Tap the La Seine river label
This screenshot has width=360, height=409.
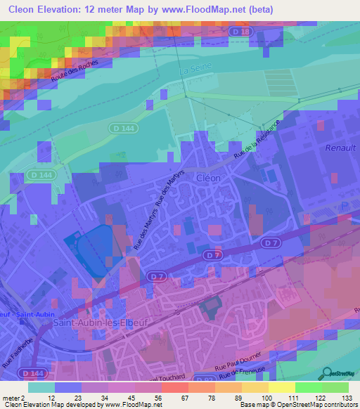click(195, 71)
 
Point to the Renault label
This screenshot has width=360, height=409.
click(342, 148)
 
